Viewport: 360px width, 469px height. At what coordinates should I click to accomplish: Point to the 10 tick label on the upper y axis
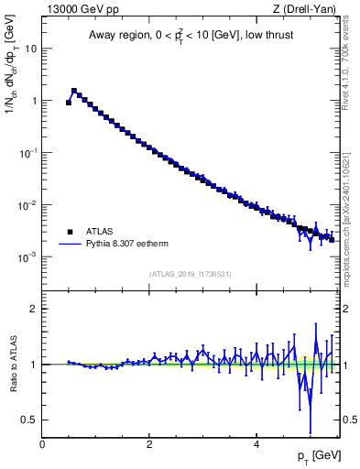click(31, 49)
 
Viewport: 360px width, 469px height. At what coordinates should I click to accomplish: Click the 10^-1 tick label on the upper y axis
click(29, 153)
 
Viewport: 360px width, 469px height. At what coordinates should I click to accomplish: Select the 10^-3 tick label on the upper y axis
click(29, 257)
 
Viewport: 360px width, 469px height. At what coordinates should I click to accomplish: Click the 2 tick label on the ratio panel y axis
click(34, 309)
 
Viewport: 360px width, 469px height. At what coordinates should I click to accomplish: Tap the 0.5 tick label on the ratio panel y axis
click(30, 420)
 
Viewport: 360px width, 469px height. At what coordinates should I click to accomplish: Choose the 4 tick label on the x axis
click(256, 444)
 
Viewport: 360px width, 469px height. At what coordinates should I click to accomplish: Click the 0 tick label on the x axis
click(42, 444)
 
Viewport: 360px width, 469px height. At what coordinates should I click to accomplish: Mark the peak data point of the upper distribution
click(74, 91)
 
